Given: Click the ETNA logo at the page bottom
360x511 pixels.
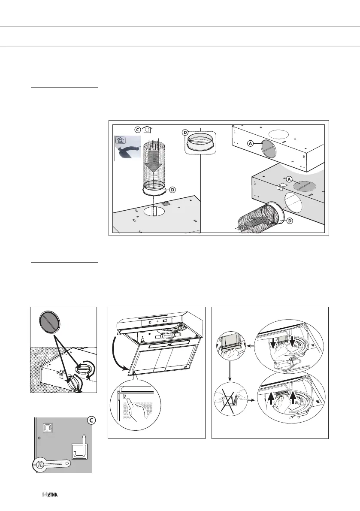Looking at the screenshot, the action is (50, 495).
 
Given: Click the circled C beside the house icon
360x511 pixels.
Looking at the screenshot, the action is (137, 130).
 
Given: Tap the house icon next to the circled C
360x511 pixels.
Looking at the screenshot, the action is (147, 130).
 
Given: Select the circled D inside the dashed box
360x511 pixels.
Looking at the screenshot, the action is (186, 133).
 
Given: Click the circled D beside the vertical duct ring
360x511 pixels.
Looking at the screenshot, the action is (172, 189).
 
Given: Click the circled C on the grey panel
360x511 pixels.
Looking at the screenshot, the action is (85, 421).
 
